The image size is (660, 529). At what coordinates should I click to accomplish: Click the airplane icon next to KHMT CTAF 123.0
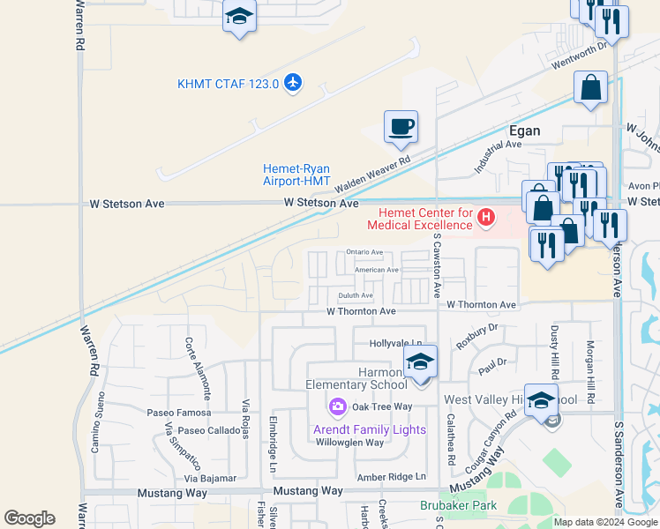click(x=293, y=84)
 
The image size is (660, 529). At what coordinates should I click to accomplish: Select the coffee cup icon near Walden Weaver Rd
click(x=401, y=126)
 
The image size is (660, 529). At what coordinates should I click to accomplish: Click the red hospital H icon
click(x=484, y=216)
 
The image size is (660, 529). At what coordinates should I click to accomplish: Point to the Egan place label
click(x=524, y=131)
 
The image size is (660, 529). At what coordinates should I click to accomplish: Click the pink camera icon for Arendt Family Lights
click(x=337, y=406)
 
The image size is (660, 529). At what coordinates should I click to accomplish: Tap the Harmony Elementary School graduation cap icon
click(x=420, y=361)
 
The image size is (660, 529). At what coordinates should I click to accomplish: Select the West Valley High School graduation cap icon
click(x=541, y=399)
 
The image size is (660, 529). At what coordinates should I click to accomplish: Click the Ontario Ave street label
click(x=364, y=252)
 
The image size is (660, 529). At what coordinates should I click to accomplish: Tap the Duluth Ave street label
click(x=356, y=295)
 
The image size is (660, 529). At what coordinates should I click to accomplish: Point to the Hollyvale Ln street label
click(x=396, y=343)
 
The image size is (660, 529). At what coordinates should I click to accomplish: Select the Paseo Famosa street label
click(x=179, y=413)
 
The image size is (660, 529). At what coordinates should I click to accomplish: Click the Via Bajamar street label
click(x=210, y=479)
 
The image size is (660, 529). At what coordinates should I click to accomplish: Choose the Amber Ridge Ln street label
click(x=391, y=477)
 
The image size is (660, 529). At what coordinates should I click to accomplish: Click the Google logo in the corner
click(x=29, y=518)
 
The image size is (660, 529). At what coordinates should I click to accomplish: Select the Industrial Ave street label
click(x=498, y=155)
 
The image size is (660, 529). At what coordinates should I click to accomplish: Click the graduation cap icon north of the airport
click(x=239, y=18)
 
